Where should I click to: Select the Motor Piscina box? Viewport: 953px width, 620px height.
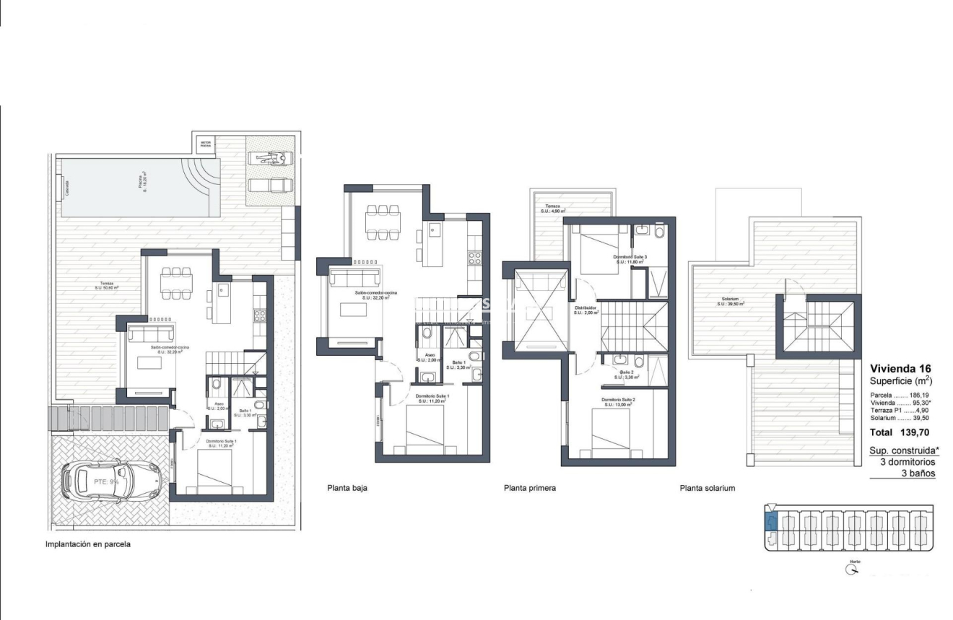[206, 143]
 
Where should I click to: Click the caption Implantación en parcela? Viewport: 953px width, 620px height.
[88, 545]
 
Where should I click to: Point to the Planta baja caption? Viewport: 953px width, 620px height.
[347, 488]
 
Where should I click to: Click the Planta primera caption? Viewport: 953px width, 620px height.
[529, 488]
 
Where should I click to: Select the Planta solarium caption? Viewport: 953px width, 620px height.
[707, 488]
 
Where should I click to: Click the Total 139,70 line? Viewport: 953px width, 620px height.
[899, 432]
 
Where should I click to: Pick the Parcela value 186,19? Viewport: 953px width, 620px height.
[919, 396]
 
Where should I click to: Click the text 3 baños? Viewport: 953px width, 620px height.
[918, 473]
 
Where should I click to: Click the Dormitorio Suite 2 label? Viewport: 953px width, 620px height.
[617, 401]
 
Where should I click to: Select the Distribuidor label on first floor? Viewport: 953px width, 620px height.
[586, 310]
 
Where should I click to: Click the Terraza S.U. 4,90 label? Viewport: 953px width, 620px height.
[552, 209]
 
